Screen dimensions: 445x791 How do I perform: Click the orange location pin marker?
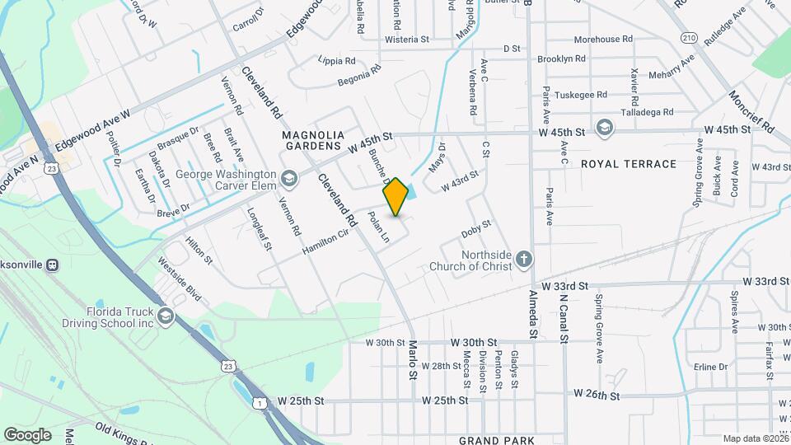click(395, 196)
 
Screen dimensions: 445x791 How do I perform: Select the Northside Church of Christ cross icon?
click(523, 261)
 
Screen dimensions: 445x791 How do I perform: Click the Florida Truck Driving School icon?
click(166, 317)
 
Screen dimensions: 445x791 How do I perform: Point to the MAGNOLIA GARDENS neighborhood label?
click(312, 140)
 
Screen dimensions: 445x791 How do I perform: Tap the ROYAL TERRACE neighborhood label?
click(629, 164)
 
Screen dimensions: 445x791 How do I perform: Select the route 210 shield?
click(690, 38)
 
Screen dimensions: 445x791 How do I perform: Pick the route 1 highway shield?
click(260, 402)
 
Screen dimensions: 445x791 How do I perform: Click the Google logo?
click(27, 435)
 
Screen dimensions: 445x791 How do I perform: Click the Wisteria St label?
click(408, 39)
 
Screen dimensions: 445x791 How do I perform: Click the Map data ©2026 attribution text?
click(756, 438)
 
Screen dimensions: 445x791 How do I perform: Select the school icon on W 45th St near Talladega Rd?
click(605, 127)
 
